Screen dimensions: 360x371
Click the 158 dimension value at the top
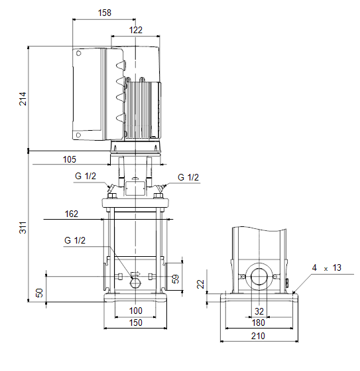point(105,13)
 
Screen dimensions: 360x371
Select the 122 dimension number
point(136,30)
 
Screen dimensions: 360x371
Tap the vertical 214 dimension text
point(23,99)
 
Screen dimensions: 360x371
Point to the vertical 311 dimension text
point(23,228)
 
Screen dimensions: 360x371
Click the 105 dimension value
point(70,159)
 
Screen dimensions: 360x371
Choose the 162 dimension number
point(72,214)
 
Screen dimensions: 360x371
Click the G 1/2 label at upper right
point(188,177)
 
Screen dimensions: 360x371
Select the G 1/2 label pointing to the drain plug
point(75,240)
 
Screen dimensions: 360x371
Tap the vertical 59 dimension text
point(176,279)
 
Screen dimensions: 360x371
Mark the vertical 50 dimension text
point(40,293)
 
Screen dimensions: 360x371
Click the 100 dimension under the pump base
point(136,311)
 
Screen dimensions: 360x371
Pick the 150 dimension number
point(136,323)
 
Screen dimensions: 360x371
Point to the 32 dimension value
point(259,311)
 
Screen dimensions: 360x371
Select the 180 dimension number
point(258,323)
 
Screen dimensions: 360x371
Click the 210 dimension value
point(258,336)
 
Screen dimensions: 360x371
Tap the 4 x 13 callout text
point(327,268)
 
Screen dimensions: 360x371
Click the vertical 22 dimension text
point(200,284)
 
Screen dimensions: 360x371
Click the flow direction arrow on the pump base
point(135,274)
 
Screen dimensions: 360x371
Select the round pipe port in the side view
point(259,277)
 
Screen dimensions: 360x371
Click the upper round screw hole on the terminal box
point(79,53)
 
